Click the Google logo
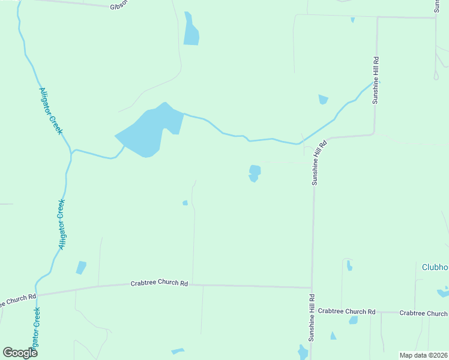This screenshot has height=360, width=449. pyautogui.click(x=20, y=352)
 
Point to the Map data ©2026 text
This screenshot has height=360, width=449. pyautogui.click(x=423, y=355)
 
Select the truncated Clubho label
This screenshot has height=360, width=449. pyautogui.click(x=435, y=267)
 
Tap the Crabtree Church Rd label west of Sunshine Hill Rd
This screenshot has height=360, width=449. pyautogui.click(x=159, y=283)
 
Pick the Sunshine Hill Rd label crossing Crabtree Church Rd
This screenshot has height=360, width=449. pyautogui.click(x=312, y=317)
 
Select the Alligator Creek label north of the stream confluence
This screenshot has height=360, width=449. pyautogui.click(x=50, y=111)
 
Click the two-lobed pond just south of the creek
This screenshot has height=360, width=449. pyautogui.click(x=255, y=173)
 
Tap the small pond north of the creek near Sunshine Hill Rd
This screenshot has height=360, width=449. pyautogui.click(x=324, y=99)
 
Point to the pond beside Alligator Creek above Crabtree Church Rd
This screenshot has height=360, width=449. pyautogui.click(x=80, y=268)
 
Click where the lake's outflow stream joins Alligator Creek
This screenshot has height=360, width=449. pyautogui.click(x=72, y=151)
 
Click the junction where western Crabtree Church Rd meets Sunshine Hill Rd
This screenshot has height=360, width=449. pyautogui.click(x=312, y=287)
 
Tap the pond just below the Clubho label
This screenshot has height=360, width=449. pyautogui.click(x=443, y=293)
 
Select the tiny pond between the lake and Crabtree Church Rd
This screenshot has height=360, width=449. pyautogui.click(x=185, y=203)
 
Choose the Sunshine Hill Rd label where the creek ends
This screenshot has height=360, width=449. pyautogui.click(x=376, y=80)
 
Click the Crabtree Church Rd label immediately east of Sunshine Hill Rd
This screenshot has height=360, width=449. pyautogui.click(x=346, y=311)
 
